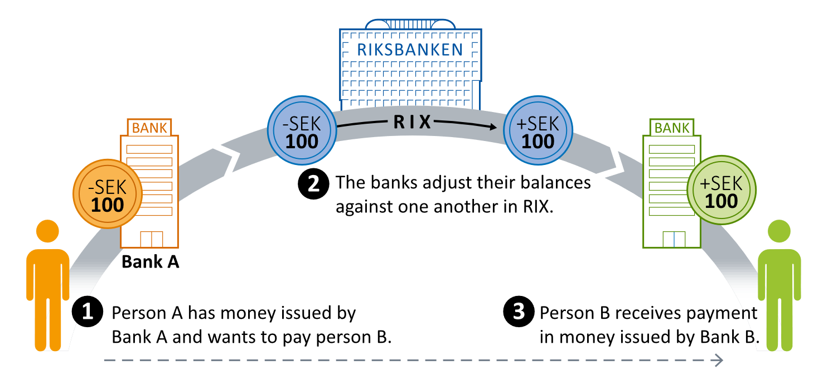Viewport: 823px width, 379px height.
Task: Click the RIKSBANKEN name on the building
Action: [410, 50]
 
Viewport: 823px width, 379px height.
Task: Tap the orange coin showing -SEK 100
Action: [108, 194]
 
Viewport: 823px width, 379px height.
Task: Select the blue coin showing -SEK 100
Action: [302, 130]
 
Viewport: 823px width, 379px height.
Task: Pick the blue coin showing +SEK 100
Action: [538, 130]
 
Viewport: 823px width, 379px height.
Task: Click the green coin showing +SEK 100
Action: [722, 189]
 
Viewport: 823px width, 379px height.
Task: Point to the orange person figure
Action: [48, 290]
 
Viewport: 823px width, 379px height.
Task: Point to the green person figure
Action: [779, 290]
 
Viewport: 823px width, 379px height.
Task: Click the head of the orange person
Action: [48, 231]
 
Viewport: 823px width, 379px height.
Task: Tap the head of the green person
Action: [779, 231]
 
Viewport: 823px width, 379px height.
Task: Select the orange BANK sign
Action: [149, 128]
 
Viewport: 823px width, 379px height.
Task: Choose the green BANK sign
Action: [671, 128]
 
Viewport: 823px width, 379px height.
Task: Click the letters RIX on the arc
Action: [413, 123]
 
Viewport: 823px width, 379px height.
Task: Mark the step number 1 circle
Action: [87, 312]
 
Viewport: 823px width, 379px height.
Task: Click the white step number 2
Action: [313, 184]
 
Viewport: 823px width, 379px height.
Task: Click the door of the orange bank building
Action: [151, 239]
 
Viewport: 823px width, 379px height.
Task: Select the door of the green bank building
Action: [673, 239]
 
